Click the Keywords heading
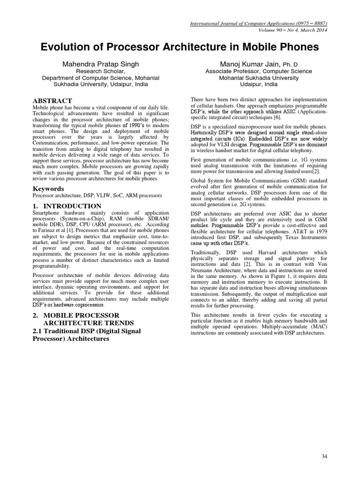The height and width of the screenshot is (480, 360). tap(48, 188)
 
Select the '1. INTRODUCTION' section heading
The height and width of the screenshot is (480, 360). tap(67, 206)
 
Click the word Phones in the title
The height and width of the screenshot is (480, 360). tap(296, 47)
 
